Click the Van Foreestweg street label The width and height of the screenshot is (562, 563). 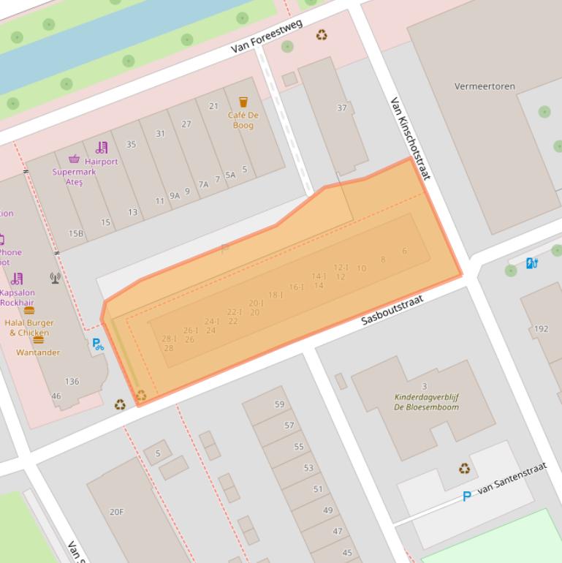[266, 37]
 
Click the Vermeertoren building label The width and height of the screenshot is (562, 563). [485, 86]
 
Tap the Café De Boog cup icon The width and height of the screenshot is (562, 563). [243, 102]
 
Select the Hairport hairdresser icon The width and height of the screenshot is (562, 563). [101, 148]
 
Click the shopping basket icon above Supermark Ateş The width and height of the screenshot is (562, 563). [74, 159]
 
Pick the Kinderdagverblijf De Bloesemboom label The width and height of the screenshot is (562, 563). [426, 402]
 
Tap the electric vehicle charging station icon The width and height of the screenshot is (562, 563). [532, 262]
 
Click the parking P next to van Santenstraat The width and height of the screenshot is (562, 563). [466, 497]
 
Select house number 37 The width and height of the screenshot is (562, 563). [341, 108]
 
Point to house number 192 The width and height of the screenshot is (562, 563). [541, 329]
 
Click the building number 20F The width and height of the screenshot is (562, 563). [116, 512]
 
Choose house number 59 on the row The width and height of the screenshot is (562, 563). [279, 404]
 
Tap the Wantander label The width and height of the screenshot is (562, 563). [38, 352]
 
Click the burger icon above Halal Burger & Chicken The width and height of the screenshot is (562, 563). [29, 310]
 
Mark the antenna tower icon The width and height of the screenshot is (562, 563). [55, 277]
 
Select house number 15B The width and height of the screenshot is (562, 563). [76, 234]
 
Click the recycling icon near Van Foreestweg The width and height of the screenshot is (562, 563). [322, 35]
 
